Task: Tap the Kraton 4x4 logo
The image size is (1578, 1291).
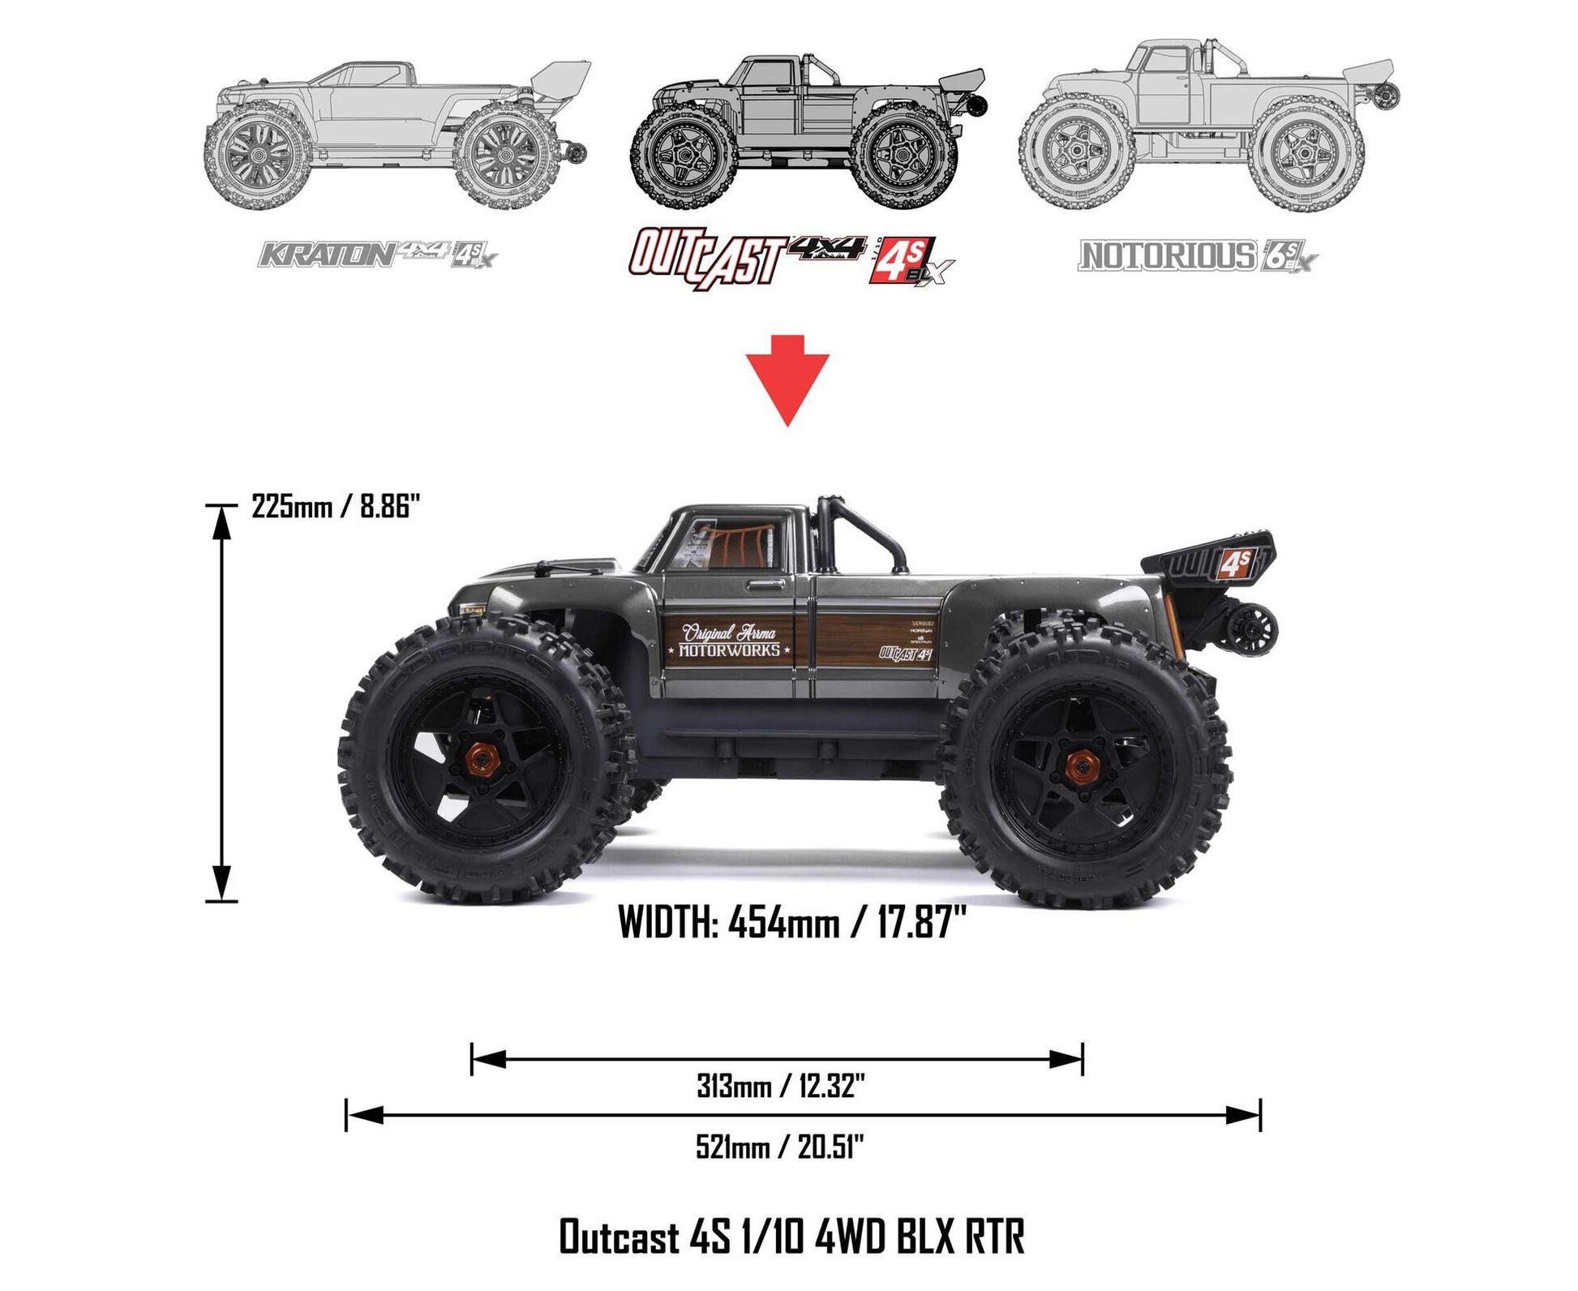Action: [377, 255]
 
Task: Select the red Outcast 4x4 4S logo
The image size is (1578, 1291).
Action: [791, 258]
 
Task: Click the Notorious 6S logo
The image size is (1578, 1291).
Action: [1196, 256]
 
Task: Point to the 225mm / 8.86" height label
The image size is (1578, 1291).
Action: [336, 508]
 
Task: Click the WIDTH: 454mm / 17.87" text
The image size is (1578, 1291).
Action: [791, 923]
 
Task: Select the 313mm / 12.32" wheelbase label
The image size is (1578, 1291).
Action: [780, 1086]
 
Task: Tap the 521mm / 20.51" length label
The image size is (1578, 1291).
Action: [780, 1147]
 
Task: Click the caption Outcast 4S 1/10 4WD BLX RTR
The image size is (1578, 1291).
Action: [791, 1237]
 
